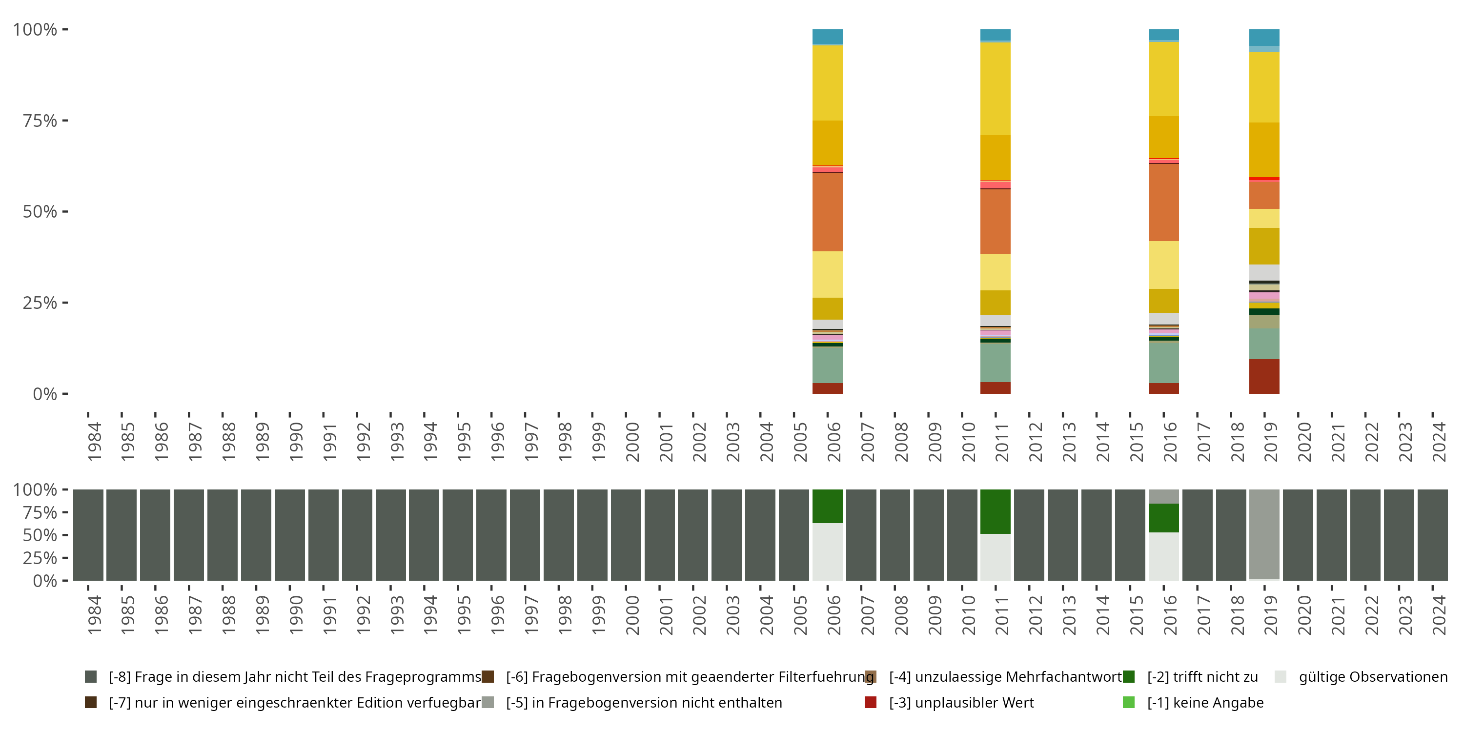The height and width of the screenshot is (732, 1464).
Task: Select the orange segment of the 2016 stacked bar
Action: coord(1163,202)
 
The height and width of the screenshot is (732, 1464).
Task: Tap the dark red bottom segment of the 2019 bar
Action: coord(1264,376)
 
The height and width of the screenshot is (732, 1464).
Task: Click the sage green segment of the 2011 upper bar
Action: coord(995,362)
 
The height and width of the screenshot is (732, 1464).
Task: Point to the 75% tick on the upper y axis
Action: coord(65,121)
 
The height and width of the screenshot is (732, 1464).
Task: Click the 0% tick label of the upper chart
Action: coord(44,394)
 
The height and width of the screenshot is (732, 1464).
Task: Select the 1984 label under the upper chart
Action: coord(94,441)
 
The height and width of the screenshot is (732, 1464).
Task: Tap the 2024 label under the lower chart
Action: coord(1439,614)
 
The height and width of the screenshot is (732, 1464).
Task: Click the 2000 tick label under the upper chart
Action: coord(632,441)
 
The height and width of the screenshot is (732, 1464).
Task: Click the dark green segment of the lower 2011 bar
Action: coord(995,511)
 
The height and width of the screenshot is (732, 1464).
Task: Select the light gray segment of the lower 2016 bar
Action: coord(1163,556)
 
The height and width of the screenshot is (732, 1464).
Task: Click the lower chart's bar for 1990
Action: coord(289,534)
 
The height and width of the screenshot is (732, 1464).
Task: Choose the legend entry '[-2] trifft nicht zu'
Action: coord(1202,677)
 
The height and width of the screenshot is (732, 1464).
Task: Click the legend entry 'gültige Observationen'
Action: coord(1372,677)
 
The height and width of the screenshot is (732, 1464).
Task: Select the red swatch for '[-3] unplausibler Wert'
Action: coord(870,702)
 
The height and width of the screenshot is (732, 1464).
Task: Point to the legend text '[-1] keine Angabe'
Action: coord(1205,702)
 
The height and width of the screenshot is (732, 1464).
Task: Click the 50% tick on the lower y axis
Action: coord(65,535)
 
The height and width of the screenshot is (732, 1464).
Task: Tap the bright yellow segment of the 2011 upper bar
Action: coord(995,88)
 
